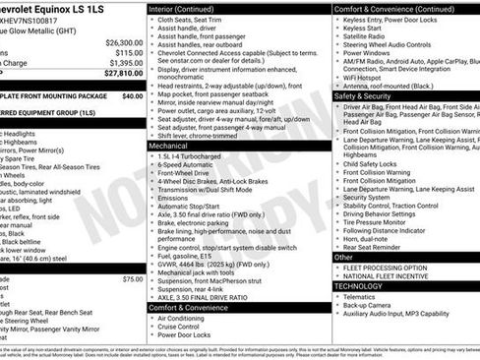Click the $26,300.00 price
click(x=123, y=43)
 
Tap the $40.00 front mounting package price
click(x=132, y=97)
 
